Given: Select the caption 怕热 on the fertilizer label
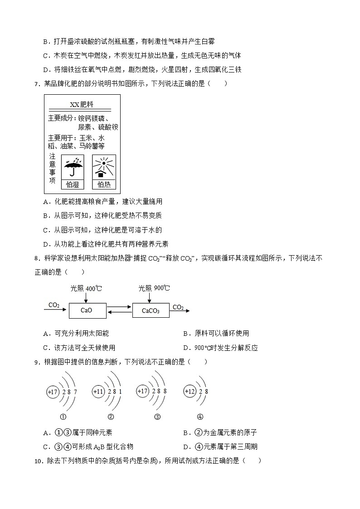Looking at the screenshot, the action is pyautogui.click(x=104, y=184).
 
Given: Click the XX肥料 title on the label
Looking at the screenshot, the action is pyautogui.click(x=82, y=105).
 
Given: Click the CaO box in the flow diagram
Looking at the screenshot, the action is pyautogui.click(x=87, y=310).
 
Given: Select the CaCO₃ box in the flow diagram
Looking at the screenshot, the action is pyautogui.click(x=151, y=310).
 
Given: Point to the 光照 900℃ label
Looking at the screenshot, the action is pyautogui.click(x=154, y=288).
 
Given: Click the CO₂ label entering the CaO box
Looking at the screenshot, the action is pyautogui.click(x=54, y=305).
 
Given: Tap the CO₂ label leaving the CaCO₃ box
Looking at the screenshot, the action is pyautogui.click(x=178, y=307).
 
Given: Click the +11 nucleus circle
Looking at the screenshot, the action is pyautogui.click(x=98, y=391).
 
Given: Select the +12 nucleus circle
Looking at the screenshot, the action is pyautogui.click(x=190, y=391).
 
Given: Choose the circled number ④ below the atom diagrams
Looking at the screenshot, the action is pyautogui.click(x=200, y=417).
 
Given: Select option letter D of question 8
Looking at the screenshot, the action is pyautogui.click(x=186, y=348).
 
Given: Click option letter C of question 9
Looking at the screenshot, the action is pyautogui.click(x=45, y=447).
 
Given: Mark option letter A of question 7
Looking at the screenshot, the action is pyautogui.click(x=45, y=202).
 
